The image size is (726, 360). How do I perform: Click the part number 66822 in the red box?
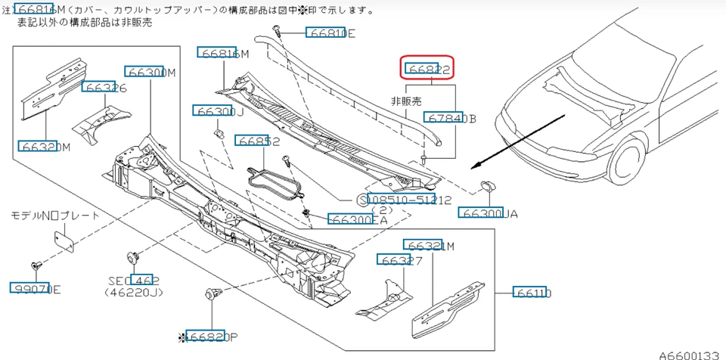click(429, 70)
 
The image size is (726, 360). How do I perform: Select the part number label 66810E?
click(330, 33)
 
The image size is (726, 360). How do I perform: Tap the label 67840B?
click(451, 118)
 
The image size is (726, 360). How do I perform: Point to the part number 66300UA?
click(488, 213)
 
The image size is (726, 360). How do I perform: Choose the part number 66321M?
click(429, 247)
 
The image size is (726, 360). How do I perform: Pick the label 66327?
click(401, 260)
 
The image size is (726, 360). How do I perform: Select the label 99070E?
click(36, 288)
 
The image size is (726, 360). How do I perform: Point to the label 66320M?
click(45, 146)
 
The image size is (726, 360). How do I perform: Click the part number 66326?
click(104, 88)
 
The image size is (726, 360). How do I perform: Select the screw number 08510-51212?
click(408, 200)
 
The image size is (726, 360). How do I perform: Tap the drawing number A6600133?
click(690, 354)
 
